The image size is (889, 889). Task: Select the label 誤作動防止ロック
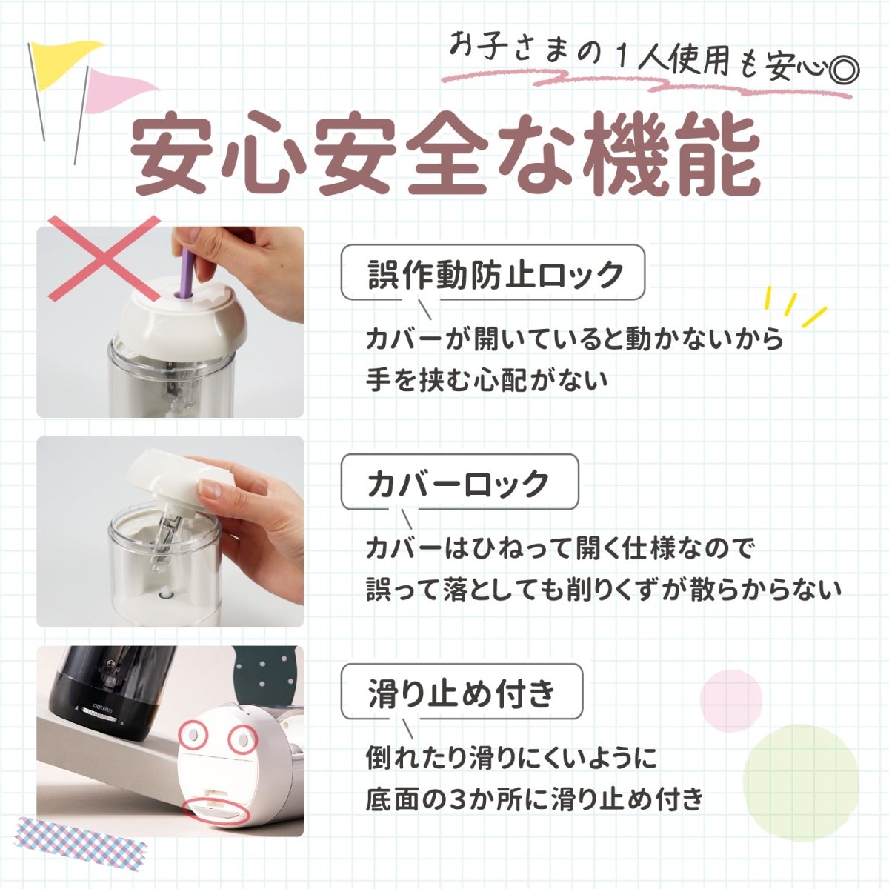493,274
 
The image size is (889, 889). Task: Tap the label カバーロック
459,483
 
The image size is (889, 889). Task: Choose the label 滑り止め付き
462,693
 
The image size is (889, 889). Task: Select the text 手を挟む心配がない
487,381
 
